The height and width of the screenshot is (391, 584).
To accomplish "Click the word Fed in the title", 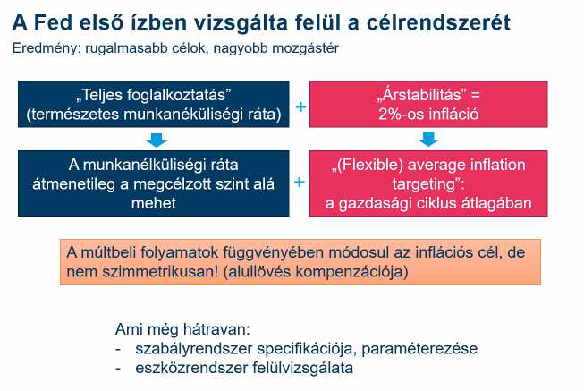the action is [53, 22].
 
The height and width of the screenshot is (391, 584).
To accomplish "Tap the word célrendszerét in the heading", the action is [438, 22].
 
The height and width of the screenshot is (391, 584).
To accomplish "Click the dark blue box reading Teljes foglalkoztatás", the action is [154, 105].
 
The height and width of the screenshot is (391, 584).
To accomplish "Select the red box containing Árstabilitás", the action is [428, 105].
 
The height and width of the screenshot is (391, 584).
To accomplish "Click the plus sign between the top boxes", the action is [300, 107].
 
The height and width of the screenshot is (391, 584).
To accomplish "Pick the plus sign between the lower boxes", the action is [300, 183].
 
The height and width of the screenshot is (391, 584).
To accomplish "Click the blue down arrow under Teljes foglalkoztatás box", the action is [157, 140].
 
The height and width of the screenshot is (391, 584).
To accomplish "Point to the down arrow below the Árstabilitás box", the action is [428, 139].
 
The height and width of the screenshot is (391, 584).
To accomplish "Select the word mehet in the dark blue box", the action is [154, 203].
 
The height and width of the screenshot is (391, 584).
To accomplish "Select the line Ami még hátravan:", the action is [182, 329].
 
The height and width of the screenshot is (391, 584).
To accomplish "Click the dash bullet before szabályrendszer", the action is [118, 350].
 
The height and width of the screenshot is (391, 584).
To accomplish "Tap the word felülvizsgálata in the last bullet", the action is [302, 369].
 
